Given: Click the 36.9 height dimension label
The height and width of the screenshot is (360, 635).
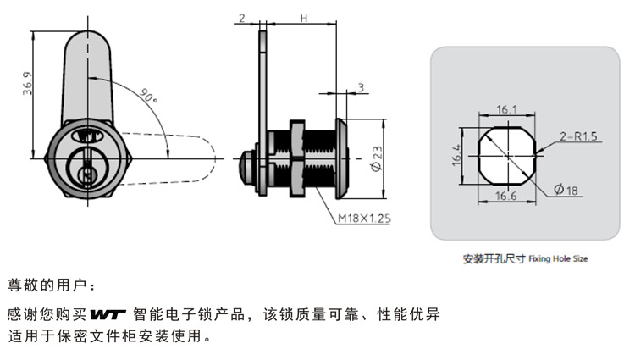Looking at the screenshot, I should pyautogui.click(x=28, y=86).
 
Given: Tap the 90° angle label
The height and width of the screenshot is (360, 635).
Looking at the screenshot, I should pyautogui.click(x=150, y=98).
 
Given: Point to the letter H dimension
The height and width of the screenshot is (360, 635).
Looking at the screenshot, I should pyautogui.click(x=302, y=18).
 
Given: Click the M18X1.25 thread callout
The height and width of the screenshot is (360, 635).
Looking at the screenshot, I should pyautogui.click(x=363, y=219).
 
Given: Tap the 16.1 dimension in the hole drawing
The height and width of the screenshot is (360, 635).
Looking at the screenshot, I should pyautogui.click(x=507, y=109).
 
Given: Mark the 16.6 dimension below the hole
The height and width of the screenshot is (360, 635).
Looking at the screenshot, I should pyautogui.click(x=507, y=197).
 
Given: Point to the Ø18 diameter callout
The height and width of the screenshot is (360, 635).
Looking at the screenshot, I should pyautogui.click(x=566, y=191).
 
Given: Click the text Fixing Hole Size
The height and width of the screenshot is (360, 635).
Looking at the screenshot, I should pyautogui.click(x=557, y=259).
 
